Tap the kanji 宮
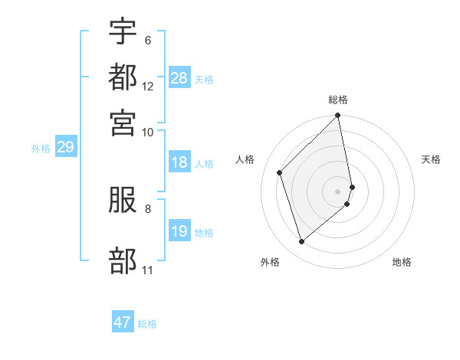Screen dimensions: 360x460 pos(123,123)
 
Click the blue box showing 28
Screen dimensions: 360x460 pos(179,77)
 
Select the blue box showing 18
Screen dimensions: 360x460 pos(179,162)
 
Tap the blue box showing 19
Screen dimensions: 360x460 pos(179,231)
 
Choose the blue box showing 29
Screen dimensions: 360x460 pos(65,148)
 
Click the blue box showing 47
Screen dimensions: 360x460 pos(123,322)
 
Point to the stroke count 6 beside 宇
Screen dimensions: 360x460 pos(148,40)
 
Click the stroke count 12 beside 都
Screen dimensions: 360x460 pos(148,87)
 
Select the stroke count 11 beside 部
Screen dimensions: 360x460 pos(148,270)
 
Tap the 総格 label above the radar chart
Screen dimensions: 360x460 pos(338,100)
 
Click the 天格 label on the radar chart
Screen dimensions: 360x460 pos(432,159)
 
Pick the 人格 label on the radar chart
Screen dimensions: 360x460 pos(245,159)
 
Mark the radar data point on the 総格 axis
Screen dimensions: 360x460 pos(338,116)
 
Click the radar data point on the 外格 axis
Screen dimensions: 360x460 pos(301,242)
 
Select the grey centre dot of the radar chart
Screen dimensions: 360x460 pos(338,191)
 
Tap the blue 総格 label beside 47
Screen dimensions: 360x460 pos(147,324)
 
